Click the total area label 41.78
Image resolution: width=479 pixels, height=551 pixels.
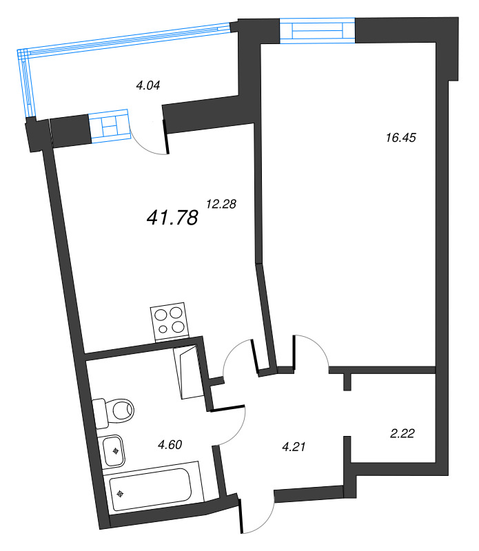(172, 218)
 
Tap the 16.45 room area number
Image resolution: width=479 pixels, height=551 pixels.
(401, 137)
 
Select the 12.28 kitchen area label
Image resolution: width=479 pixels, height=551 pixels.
(221, 203)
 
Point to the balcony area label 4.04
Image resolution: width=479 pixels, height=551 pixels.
(148, 86)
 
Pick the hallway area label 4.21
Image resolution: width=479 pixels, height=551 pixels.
(294, 446)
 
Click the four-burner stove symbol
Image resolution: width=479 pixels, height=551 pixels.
(169, 321)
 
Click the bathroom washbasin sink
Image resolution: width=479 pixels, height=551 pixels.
(115, 451)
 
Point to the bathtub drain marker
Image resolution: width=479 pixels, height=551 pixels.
(121, 494)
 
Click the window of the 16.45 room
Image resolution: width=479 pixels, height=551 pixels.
(317, 32)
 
